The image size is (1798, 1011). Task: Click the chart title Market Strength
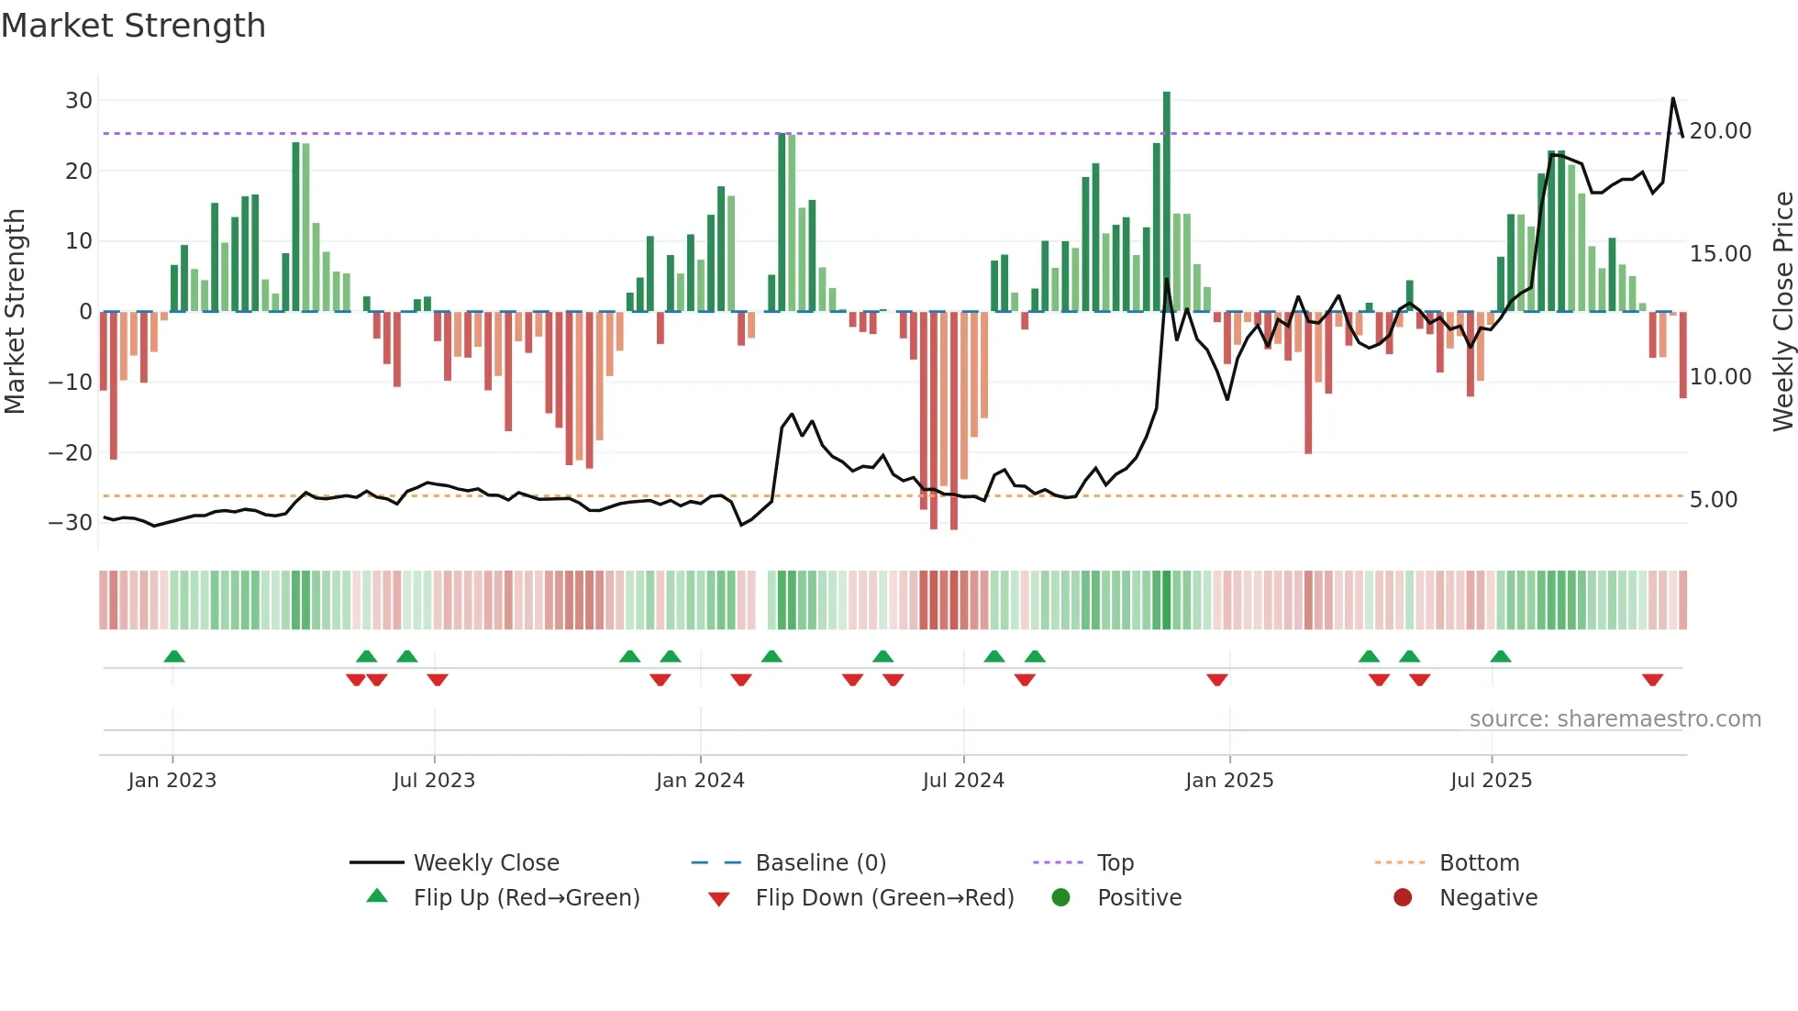[x=133, y=26]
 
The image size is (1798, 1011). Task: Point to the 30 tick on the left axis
[x=79, y=101]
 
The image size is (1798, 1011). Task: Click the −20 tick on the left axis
[x=71, y=452]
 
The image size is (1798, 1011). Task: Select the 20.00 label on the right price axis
[x=1720, y=131]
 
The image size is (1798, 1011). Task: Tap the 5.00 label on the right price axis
[x=1713, y=500]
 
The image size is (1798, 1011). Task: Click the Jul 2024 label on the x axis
[x=963, y=781]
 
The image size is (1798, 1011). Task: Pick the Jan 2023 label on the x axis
[x=172, y=781]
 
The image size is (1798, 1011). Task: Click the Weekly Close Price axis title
[x=1782, y=312]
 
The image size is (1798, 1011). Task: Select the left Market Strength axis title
[x=15, y=312]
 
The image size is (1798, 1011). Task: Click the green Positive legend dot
[x=1061, y=897]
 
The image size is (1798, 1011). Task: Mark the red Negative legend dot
[x=1403, y=897]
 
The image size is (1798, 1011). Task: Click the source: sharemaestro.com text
[x=1615, y=719]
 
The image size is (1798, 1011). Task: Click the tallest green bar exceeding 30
[x=1167, y=202]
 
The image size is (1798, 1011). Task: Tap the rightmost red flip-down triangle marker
[x=1653, y=680]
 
